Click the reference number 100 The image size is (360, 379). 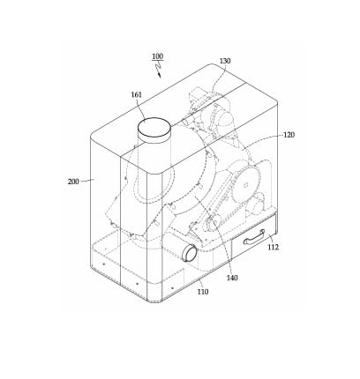(158, 56)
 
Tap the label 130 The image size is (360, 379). (225, 61)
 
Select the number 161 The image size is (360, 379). (137, 94)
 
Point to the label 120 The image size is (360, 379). (289, 135)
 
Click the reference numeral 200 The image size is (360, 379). (73, 182)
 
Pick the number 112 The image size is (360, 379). (273, 247)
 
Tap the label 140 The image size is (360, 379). (232, 278)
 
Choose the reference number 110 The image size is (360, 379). (203, 292)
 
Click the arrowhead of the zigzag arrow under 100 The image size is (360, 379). (160, 76)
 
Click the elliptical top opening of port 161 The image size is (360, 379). (154, 127)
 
